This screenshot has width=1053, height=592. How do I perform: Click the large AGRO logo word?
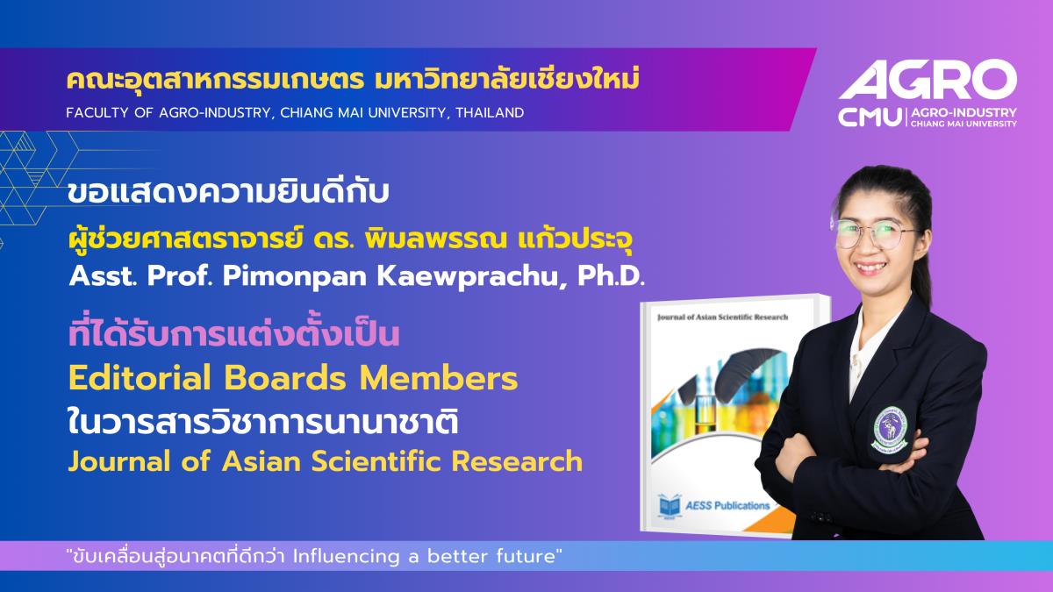coord(928,82)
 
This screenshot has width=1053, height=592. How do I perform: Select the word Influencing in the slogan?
coord(347,556)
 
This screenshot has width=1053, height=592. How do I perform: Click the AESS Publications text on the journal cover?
coord(727,506)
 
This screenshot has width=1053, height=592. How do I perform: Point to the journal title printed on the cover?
coord(722,317)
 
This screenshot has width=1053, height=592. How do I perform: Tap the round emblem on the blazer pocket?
coord(890,428)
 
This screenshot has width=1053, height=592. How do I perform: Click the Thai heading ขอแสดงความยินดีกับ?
coord(228,193)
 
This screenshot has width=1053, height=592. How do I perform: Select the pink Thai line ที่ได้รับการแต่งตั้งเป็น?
coord(233,333)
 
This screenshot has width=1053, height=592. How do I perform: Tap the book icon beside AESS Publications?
coord(669,507)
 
